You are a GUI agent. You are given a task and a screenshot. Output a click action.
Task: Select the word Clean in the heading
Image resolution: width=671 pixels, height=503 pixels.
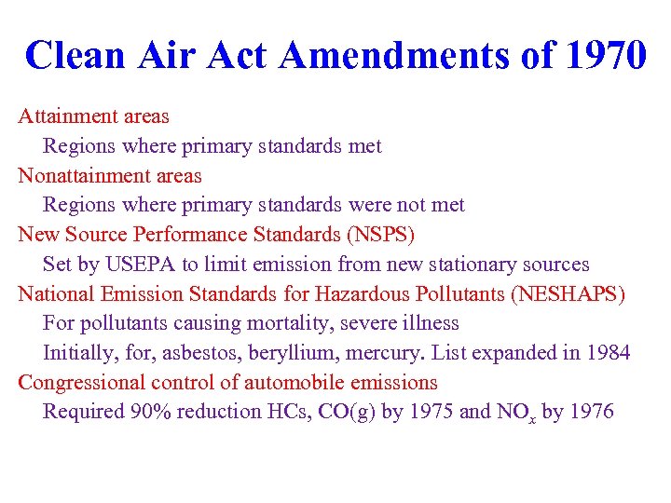tap(75, 55)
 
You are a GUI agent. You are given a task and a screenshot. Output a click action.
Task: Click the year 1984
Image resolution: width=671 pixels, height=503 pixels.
tap(609, 353)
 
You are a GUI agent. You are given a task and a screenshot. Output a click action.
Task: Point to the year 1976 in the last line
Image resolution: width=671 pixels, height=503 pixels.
tap(591, 412)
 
